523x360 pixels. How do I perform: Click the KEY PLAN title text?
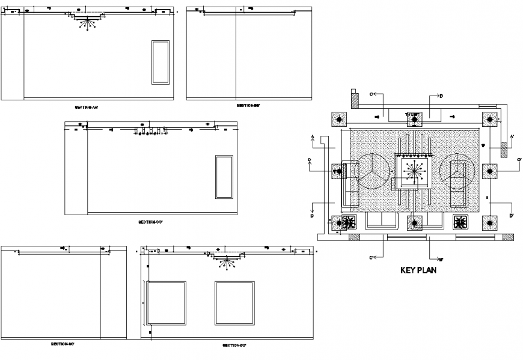click(x=418, y=270)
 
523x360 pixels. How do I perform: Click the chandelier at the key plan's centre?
click(x=414, y=171)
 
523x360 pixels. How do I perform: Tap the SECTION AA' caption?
click(x=86, y=108)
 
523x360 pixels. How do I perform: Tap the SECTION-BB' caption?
click(x=248, y=106)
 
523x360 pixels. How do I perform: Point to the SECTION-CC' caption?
click(x=151, y=222)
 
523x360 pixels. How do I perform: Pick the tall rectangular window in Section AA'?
click(x=161, y=63)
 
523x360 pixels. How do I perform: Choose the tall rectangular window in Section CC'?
click(x=224, y=177)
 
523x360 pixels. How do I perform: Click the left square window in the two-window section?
click(x=166, y=304)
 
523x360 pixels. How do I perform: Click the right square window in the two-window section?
click(x=232, y=304)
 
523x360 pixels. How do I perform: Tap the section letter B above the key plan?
click(x=441, y=96)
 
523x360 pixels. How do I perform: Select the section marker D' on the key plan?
click(x=511, y=215)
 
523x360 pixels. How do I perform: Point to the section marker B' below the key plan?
click(x=441, y=259)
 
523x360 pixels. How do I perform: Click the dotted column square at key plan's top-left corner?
click(x=340, y=120)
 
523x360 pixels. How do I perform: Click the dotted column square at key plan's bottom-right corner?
click(x=491, y=224)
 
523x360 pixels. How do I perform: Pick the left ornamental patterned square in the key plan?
click(x=349, y=223)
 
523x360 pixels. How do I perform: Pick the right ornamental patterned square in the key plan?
click(x=461, y=223)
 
